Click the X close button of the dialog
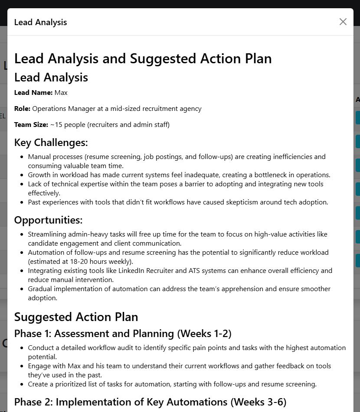coord(343,22)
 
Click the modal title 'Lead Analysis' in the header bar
coord(40,22)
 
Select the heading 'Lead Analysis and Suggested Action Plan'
coord(143,58)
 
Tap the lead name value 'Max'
coord(61,93)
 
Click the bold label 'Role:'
coord(22,109)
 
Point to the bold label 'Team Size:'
coord(31,125)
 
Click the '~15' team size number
coord(56,125)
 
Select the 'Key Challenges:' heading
coord(51,143)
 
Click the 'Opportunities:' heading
coord(48,220)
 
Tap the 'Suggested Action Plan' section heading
coord(76,317)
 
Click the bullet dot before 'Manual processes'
coord(22,157)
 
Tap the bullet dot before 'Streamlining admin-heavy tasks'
coord(22,234)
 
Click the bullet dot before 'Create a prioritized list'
coord(22,384)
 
